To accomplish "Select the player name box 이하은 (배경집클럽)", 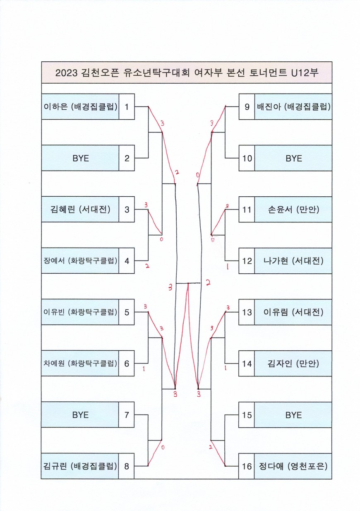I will [x=80, y=107].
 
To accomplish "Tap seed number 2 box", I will [x=127, y=158].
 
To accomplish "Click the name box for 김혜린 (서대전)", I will [x=80, y=210].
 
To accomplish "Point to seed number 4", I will [x=127, y=261].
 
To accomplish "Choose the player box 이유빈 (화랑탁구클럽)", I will [x=80, y=312].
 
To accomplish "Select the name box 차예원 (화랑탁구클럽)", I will [x=80, y=364].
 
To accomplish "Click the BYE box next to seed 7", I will [x=80, y=415].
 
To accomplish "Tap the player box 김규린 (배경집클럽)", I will [x=80, y=466].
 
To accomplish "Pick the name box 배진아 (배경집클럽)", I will [x=293, y=107].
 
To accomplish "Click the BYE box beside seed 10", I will [x=293, y=158].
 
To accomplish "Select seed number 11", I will [x=247, y=210].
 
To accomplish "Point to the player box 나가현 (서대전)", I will [x=293, y=261].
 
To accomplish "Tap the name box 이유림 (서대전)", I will [x=293, y=312].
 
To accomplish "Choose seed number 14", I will [x=247, y=364].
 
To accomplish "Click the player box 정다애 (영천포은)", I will [x=293, y=466].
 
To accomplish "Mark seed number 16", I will [x=247, y=466].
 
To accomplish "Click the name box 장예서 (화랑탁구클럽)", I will [x=80, y=261].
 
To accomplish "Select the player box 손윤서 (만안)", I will [x=293, y=210].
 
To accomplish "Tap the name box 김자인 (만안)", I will [x=293, y=364].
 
